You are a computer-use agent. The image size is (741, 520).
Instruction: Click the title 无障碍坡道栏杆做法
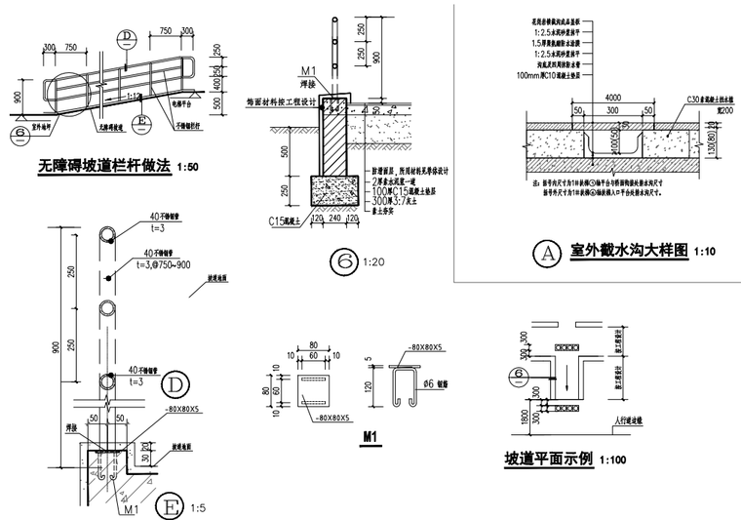click(x=104, y=167)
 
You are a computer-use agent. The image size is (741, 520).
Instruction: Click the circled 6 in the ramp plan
click(x=520, y=374)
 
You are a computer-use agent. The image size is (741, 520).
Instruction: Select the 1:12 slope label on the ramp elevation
click(x=136, y=95)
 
